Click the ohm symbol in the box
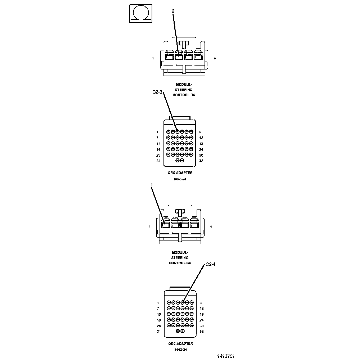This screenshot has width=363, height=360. pyautogui.click(x=140, y=13)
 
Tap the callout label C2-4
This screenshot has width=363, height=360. pyautogui.click(x=210, y=265)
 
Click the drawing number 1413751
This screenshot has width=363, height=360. pyautogui.click(x=226, y=356)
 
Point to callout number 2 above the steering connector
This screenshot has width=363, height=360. pyautogui.click(x=173, y=11)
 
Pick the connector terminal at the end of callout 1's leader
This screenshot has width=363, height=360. pyautogui.click(x=166, y=225)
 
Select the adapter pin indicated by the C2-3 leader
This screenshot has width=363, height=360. pyautogui.click(x=177, y=132)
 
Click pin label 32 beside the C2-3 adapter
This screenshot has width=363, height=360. pyautogui.click(x=201, y=161)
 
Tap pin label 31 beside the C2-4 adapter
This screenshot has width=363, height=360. pyautogui.click(x=158, y=331)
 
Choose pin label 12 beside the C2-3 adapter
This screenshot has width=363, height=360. pyautogui.click(x=201, y=138)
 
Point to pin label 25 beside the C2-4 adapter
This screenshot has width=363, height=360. pyautogui.click(x=158, y=325)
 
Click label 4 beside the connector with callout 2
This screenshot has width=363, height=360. pyautogui.click(x=215, y=58)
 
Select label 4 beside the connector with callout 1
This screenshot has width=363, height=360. pyautogui.click(x=211, y=226)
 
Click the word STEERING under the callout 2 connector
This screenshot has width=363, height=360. pyautogui.click(x=184, y=90)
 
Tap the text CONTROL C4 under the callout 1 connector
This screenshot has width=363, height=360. pyautogui.click(x=180, y=263)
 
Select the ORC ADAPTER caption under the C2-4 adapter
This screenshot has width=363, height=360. pyautogui.click(x=180, y=343)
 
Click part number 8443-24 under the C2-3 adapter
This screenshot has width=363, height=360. pyautogui.click(x=180, y=179)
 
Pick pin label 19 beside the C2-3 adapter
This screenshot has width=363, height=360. pyautogui.click(x=158, y=149)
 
